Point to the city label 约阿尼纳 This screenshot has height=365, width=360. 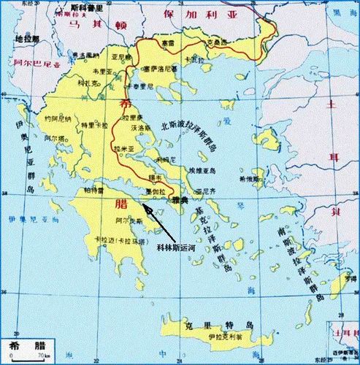[55, 119]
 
